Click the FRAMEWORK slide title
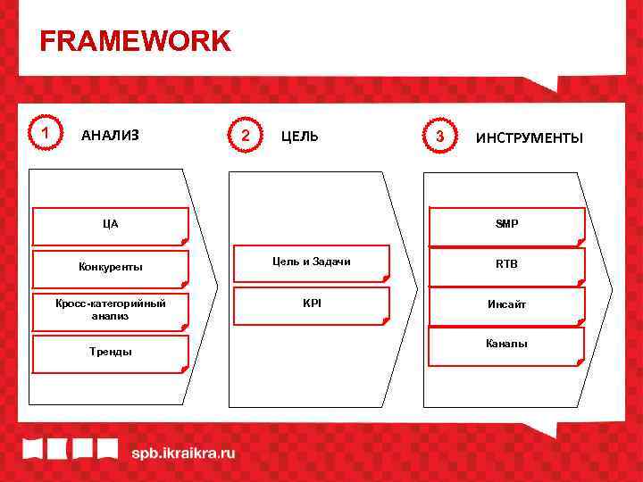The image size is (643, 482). coord(135,41)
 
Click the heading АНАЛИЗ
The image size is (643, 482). coord(110,136)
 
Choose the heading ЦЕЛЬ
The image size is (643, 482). coord(299,137)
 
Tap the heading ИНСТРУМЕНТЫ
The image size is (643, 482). coord(529,137)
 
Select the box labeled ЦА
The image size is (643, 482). coord(111,226)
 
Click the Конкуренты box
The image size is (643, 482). coord(111,268)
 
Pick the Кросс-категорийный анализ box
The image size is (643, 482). coord(111,309)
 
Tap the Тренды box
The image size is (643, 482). coord(111,353)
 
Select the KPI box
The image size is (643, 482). coord(312,304)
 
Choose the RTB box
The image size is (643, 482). coord(507,265)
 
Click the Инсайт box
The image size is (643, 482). coord(507,305)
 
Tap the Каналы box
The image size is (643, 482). coord(507,345)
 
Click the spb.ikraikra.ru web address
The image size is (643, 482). coord(183,453)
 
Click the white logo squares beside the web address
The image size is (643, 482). coord(70,448)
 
